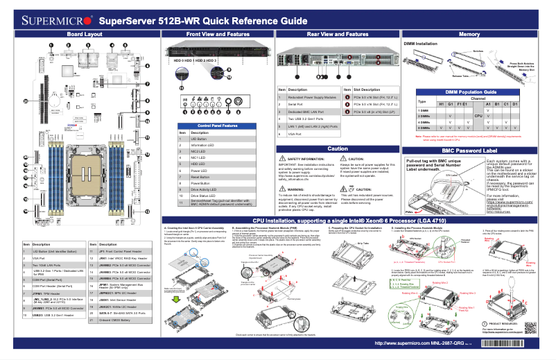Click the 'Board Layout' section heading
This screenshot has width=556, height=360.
(85, 34)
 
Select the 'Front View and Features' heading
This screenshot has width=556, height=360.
(218, 34)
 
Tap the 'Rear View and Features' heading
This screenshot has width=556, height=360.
(338, 34)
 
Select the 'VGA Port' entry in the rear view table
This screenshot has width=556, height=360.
(298, 134)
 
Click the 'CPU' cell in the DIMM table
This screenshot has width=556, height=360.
(478, 116)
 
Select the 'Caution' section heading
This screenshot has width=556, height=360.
(338, 148)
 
